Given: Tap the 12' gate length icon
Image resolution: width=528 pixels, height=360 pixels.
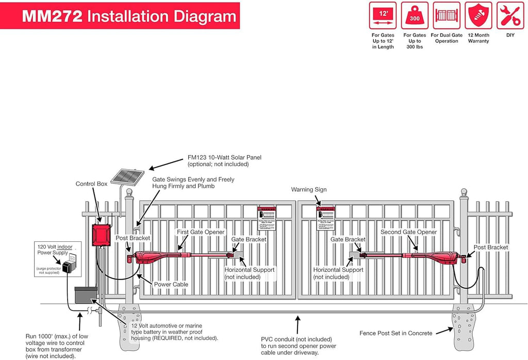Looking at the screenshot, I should [x=383, y=15].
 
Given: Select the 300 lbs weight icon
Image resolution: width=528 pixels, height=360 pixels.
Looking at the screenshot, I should [x=415, y=15].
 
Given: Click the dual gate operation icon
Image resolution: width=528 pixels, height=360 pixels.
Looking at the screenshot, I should [x=447, y=15].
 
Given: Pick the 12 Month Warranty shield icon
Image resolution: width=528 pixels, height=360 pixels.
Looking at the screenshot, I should [x=478, y=15].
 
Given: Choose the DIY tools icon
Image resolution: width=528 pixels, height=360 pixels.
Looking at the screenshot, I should [x=510, y=15].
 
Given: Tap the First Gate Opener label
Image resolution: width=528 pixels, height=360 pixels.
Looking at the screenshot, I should [x=201, y=232].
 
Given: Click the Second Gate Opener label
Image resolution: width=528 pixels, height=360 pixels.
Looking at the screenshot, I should [x=408, y=232].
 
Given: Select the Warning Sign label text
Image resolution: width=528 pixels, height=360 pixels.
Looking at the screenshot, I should [x=309, y=190].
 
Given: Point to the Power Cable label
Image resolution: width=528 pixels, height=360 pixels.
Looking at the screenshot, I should [x=171, y=284].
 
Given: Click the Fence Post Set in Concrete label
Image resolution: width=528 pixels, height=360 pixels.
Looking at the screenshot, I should [x=396, y=333].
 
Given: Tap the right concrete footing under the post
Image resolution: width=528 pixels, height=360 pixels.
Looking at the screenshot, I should [x=462, y=327].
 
